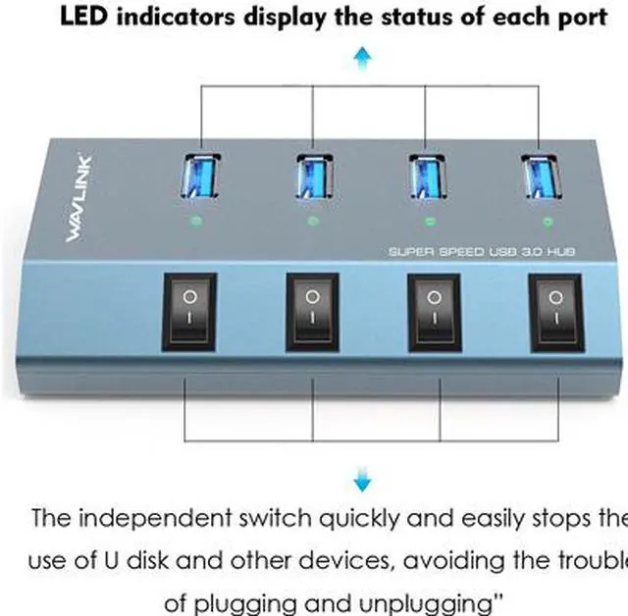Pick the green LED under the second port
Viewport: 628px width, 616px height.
pyautogui.click(x=312, y=220)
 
